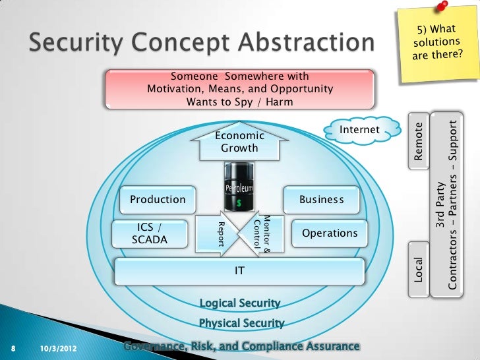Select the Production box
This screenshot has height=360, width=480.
pyautogui.click(x=158, y=199)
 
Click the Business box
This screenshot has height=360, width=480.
pyautogui.click(x=321, y=199)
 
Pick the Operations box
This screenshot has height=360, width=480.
pyautogui.click(x=329, y=233)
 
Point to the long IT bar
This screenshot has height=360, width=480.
pyautogui.click(x=240, y=270)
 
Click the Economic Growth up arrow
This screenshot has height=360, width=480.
pyautogui.click(x=239, y=142)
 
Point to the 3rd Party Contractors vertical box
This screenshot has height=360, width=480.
pyautogui.click(x=446, y=204)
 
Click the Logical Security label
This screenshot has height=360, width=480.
pyautogui.click(x=240, y=303)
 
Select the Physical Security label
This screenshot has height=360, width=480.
pyautogui.click(x=241, y=323)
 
